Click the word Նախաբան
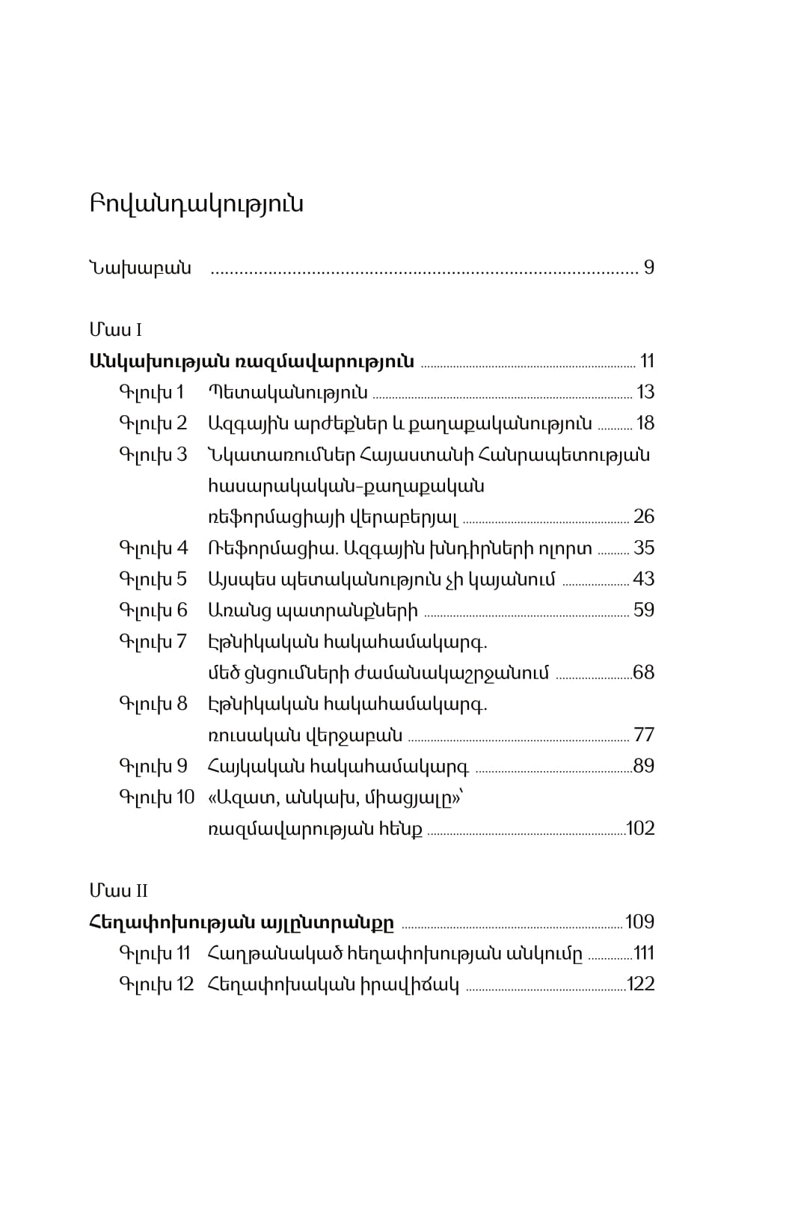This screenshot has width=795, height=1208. coord(140,268)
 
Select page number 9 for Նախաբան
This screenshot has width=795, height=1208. coord(648,268)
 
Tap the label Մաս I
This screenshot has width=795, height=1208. coord(116,330)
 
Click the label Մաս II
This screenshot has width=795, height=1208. coord(118,891)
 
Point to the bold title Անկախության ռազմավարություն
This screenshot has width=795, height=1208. coord(251,361)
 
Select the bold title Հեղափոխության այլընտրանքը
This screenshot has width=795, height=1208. coord(241,922)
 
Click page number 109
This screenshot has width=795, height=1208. coord(639,922)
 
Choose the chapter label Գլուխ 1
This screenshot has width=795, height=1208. coord(151,393)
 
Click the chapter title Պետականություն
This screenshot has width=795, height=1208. coord(288,393)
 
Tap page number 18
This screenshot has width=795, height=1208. coord(645,424)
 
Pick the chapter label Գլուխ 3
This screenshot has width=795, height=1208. coord(153,455)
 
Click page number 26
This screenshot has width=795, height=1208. coord(643,517)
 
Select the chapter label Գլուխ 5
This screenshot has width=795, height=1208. coord(153,579)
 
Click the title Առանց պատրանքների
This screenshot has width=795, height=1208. coord(313,610)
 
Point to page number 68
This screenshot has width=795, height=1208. coord(643,672)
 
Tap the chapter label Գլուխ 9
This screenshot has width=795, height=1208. coord(153,766)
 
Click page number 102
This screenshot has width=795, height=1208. coord(640,829)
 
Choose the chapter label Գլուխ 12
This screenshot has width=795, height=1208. coord(156,984)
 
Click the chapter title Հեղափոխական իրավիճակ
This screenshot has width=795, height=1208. coord(333,984)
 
